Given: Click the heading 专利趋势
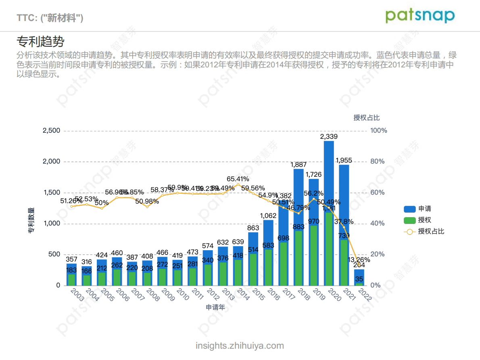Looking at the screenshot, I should tap(40, 41).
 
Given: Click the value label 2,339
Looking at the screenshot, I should tap(329, 137).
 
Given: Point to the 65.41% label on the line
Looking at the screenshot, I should tap(238, 179).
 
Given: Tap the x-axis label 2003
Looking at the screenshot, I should tap(77, 294).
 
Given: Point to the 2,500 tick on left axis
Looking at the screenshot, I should tap(51, 130).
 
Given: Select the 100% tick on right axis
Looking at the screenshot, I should tap(379, 130).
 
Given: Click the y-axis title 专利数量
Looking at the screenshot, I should tap(31, 221).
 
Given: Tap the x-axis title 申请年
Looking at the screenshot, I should tap(215, 308).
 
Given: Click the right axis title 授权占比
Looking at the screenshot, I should tap(366, 118).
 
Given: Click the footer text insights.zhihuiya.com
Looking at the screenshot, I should tap(240, 346).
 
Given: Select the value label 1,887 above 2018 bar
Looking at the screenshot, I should tap(298, 165).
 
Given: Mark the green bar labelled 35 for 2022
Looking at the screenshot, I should tap(359, 284).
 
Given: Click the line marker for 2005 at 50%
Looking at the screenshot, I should tap(102, 208).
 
